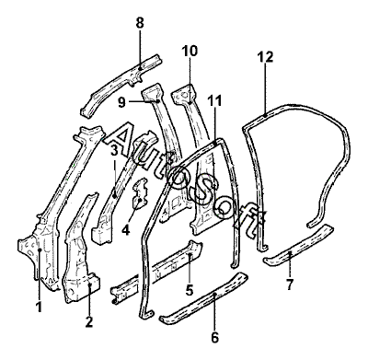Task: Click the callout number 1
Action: pos(39,307)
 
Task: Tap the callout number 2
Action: pos(89,321)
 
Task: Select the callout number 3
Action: pos(114,150)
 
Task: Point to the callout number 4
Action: pos(125,229)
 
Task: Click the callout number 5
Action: pos(190,290)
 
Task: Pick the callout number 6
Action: pos(215,338)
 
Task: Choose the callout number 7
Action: pos(290,285)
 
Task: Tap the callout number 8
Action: pos(140,23)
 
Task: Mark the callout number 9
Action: pos(121,102)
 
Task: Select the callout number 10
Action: pos(190,51)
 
